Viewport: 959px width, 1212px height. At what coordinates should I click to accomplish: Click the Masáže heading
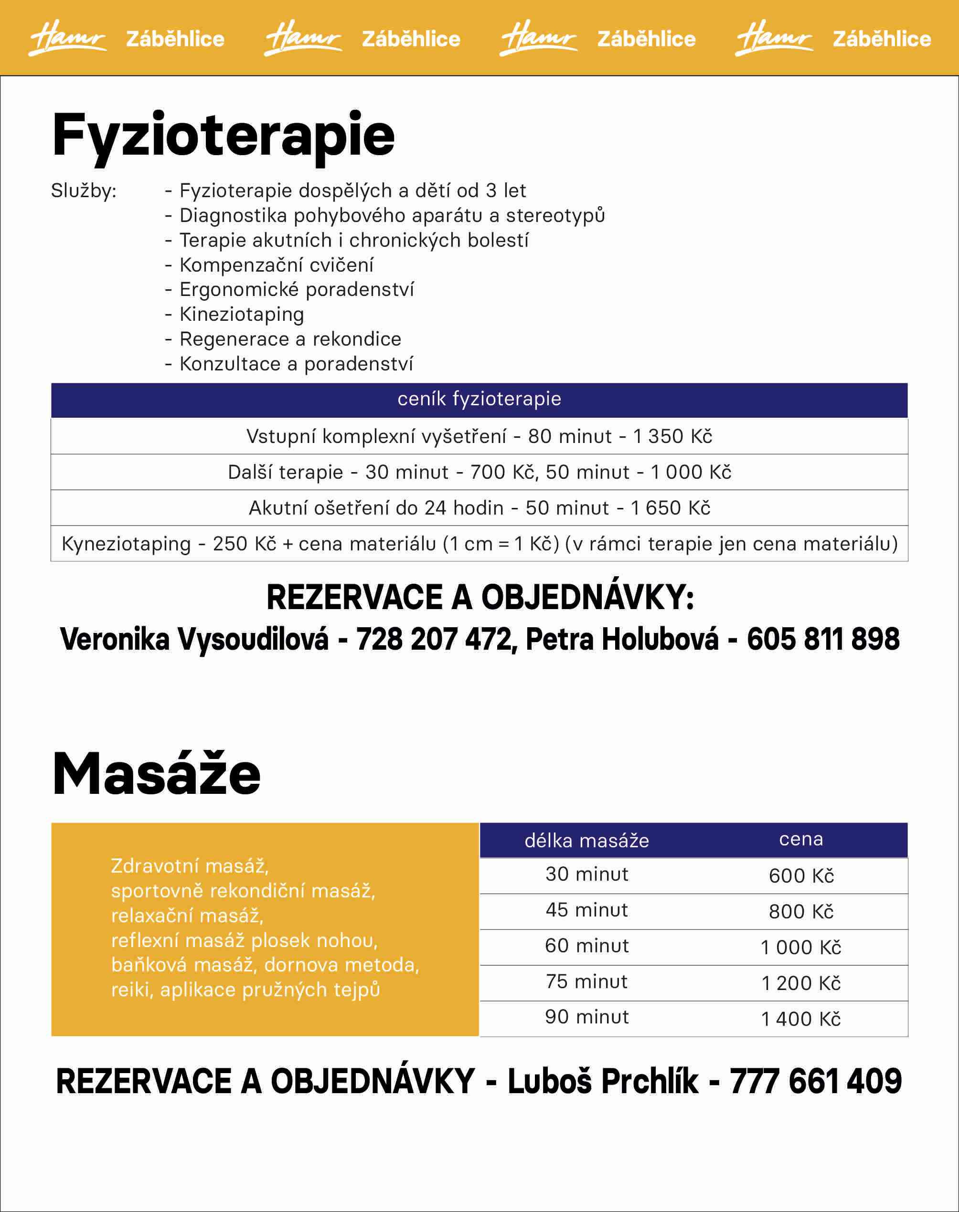click(156, 774)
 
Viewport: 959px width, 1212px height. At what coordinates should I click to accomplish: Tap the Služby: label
click(84, 191)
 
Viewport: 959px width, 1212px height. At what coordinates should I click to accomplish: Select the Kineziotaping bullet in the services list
click(242, 314)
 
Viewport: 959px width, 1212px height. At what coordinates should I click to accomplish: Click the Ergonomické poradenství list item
click(297, 290)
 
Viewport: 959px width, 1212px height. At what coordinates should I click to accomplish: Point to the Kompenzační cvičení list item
click(276, 265)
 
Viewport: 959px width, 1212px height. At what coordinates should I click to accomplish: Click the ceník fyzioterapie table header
click(479, 399)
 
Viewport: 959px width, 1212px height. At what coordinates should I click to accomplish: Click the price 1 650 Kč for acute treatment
click(671, 508)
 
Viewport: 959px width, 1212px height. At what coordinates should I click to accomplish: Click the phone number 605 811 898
click(823, 639)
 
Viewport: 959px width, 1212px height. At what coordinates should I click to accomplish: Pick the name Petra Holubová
click(622, 639)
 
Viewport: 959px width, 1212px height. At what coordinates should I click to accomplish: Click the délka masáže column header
click(587, 841)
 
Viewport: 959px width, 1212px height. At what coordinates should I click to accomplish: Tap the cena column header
click(800, 839)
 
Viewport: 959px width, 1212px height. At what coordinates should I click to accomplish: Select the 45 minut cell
click(587, 909)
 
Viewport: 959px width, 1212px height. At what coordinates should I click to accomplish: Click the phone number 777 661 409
click(816, 1081)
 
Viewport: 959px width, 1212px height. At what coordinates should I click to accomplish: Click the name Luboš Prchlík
click(603, 1081)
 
